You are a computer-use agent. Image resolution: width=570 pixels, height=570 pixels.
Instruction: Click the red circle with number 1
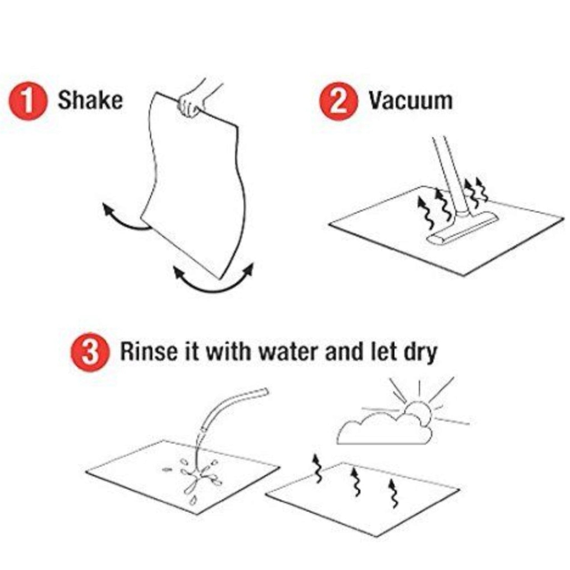[28, 101]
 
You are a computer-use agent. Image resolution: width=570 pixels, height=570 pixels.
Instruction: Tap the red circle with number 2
[339, 101]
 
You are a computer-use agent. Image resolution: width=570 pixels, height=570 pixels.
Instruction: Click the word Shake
[90, 100]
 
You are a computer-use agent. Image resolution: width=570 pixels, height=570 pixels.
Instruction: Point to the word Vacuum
[411, 101]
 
